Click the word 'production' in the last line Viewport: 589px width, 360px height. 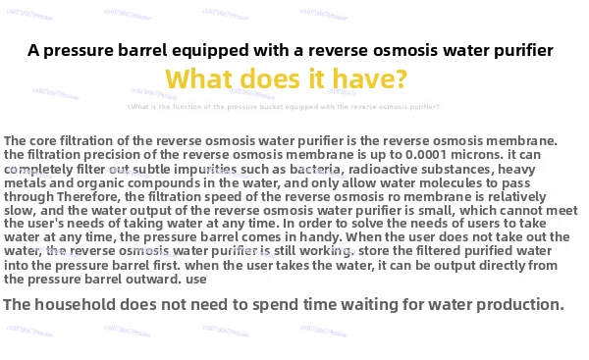(517, 305)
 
